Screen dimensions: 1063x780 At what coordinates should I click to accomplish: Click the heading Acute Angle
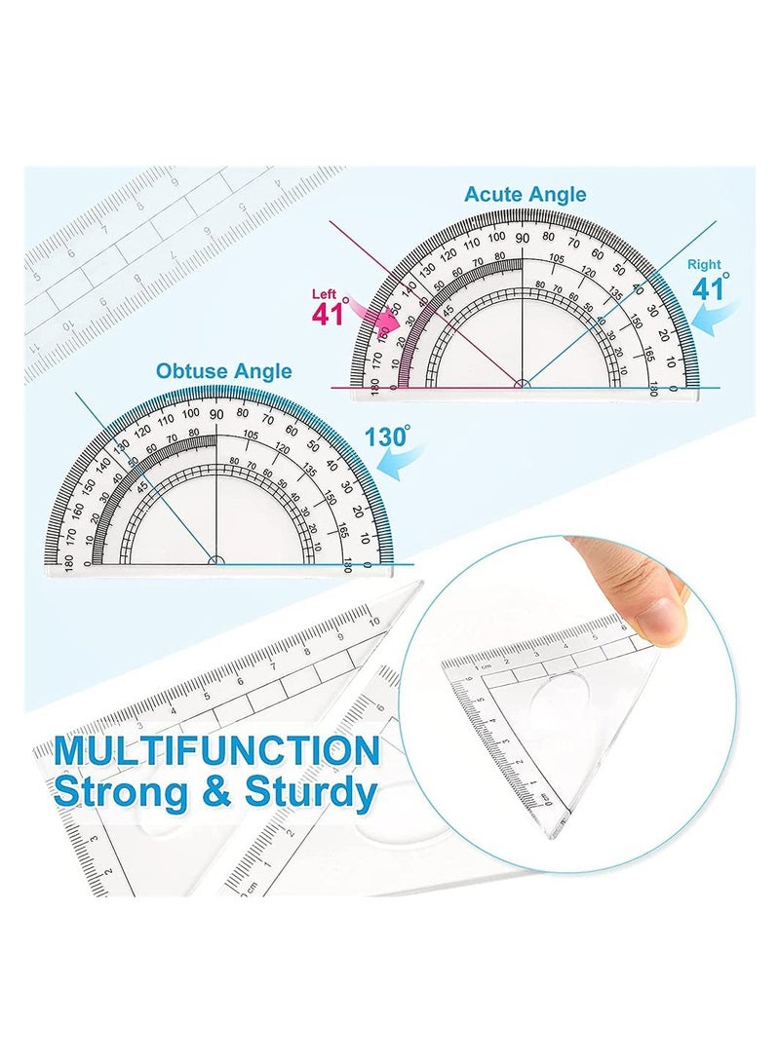point(526,194)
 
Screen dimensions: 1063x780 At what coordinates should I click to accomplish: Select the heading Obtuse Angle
point(223,371)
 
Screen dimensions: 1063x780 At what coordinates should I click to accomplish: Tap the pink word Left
point(325,294)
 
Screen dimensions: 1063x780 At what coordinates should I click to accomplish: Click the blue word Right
point(704,264)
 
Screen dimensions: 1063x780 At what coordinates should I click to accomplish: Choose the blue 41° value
point(711,288)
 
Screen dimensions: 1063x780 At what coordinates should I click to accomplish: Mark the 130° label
point(387,437)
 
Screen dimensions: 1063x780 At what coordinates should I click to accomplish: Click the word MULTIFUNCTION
point(216,752)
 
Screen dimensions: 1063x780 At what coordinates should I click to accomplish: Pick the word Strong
point(127,792)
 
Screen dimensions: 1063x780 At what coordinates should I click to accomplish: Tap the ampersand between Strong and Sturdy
point(217,792)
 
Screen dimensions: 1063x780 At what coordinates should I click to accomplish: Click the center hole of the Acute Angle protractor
point(523,385)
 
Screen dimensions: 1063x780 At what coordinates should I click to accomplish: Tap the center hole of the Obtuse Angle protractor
point(215,560)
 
